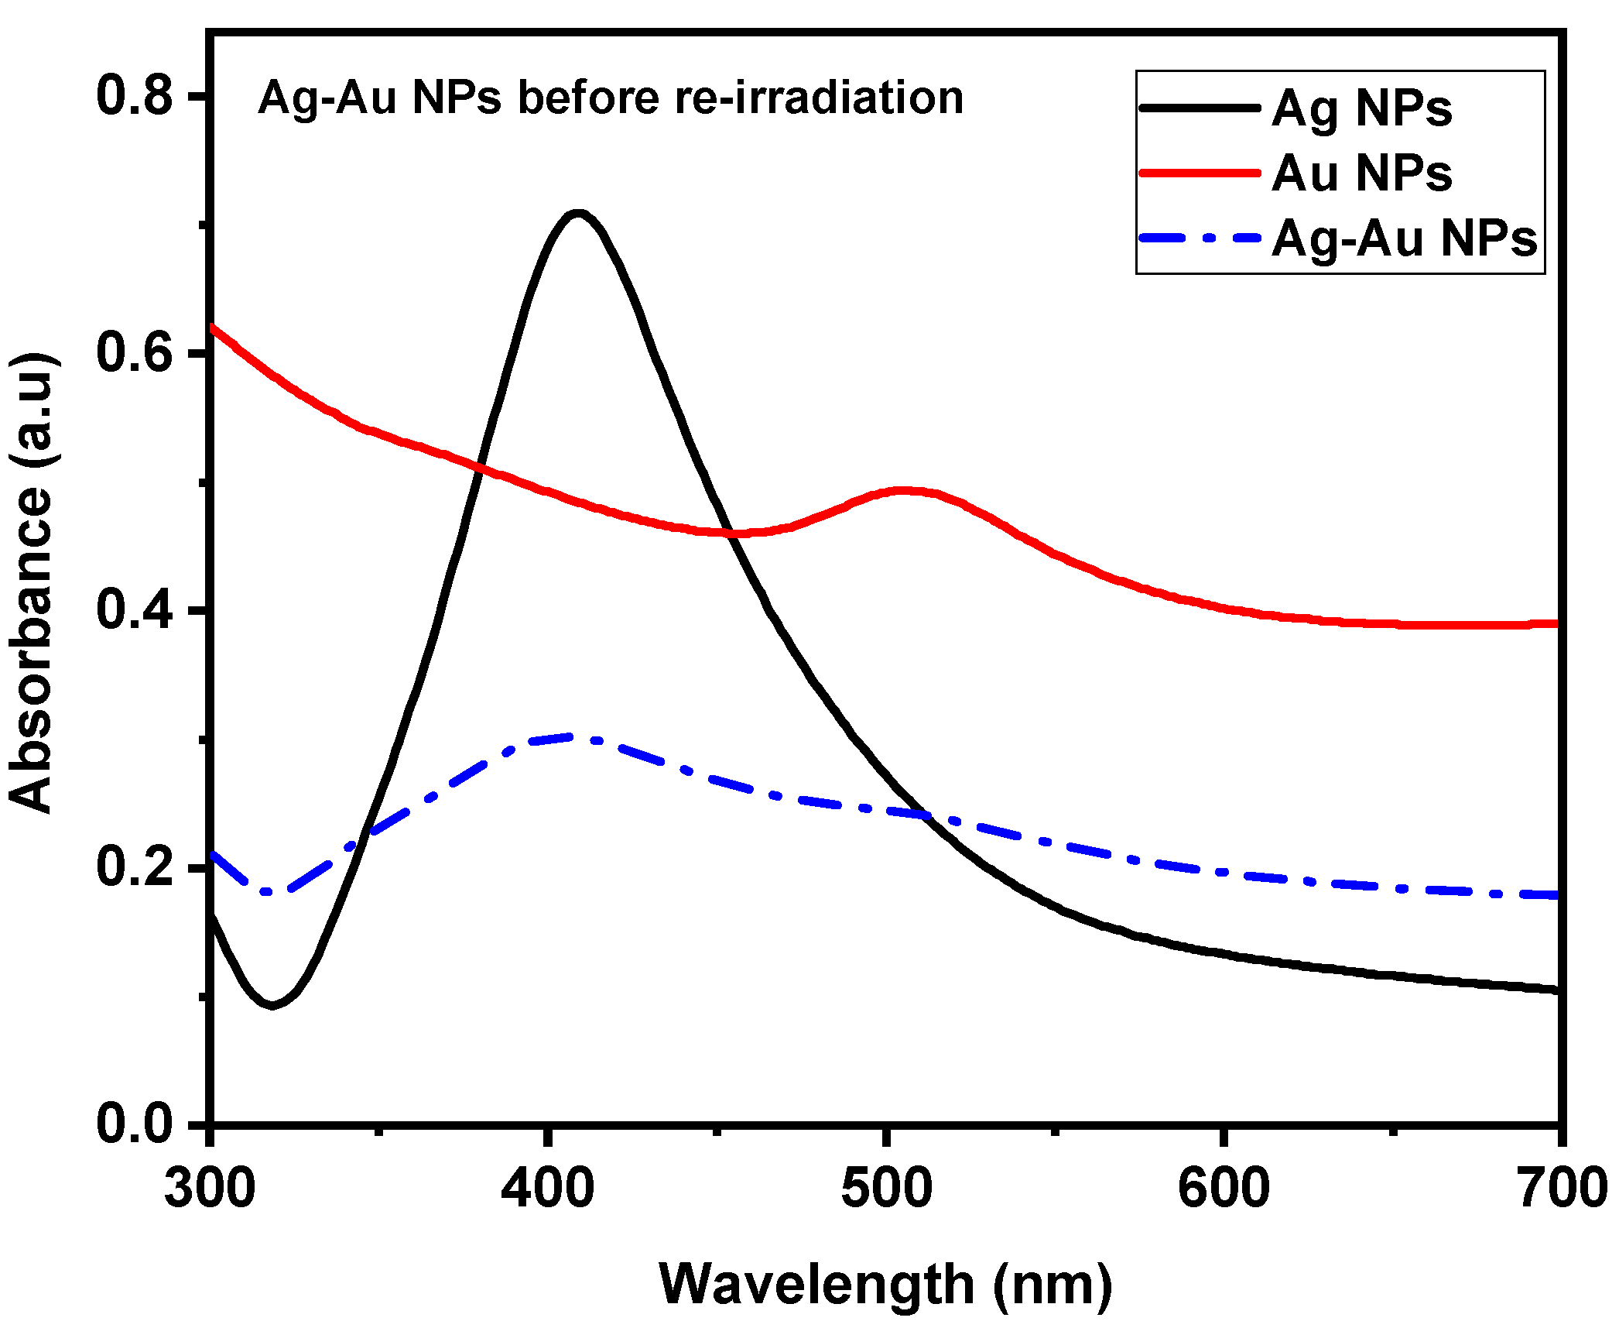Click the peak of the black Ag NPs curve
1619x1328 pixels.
[577, 212]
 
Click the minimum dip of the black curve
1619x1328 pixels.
[272, 1005]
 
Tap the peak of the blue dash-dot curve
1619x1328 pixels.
[573, 737]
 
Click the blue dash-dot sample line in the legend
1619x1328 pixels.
[1200, 238]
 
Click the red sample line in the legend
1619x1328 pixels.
[1200, 173]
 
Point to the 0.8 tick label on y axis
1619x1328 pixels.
[134, 96]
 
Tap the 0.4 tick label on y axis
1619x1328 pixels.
[134, 609]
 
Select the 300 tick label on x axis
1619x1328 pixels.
[210, 1188]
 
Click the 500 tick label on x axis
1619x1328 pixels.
[886, 1188]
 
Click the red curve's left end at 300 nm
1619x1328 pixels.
[213, 327]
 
